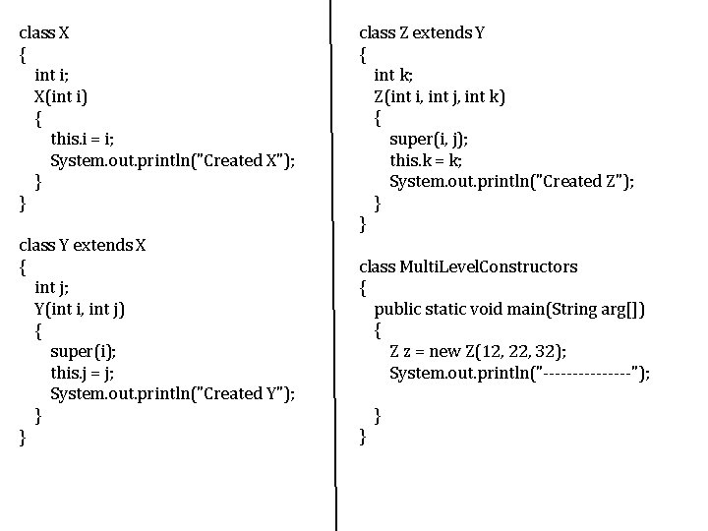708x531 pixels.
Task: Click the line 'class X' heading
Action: (44, 32)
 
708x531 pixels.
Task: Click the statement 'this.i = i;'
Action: (88, 139)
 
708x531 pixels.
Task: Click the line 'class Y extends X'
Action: (83, 245)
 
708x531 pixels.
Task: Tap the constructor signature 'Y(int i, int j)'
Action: (80, 309)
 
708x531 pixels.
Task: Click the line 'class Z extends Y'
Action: (422, 32)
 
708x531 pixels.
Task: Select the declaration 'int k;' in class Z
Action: (394, 75)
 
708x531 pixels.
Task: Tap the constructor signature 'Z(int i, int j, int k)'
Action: (440, 96)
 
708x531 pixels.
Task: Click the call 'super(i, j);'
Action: (429, 139)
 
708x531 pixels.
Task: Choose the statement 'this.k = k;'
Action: (427, 160)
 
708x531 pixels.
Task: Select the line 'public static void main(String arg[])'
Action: (509, 309)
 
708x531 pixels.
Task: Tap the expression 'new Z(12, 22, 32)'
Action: (502, 351)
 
